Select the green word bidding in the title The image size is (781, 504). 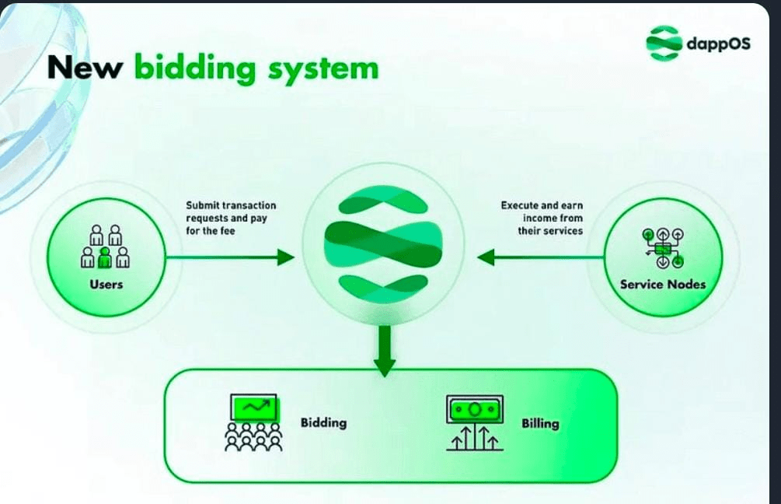coord(195,68)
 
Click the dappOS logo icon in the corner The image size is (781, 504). coord(664,43)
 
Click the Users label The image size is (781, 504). coord(106,284)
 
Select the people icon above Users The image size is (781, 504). coord(106,247)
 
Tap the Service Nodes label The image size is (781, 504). coord(663,284)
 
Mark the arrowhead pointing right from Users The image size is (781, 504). coord(286,257)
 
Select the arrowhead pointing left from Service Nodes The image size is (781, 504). coord(486,257)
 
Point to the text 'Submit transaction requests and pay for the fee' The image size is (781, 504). coord(231,218)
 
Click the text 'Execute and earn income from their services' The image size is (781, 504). coord(542,218)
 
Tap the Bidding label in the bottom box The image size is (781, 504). coord(323,423)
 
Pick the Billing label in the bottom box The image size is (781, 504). coord(540,424)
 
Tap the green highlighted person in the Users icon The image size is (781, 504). coord(106,257)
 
